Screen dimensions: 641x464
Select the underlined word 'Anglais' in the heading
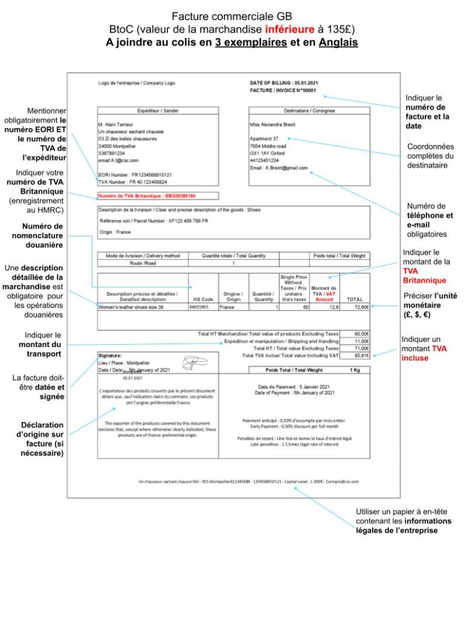pos(338,42)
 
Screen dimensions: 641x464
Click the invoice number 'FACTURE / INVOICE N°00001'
pos(283,90)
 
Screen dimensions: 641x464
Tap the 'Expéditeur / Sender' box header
pos(158,111)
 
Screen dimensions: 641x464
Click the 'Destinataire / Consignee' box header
pos(309,111)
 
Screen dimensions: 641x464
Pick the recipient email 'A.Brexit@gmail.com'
pos(279,168)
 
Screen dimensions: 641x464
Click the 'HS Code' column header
pos(203,299)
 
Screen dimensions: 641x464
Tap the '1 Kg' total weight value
pos(356,369)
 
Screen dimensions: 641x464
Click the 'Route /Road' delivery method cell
pos(142,264)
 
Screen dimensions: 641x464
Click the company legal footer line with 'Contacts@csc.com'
pos(248,481)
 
